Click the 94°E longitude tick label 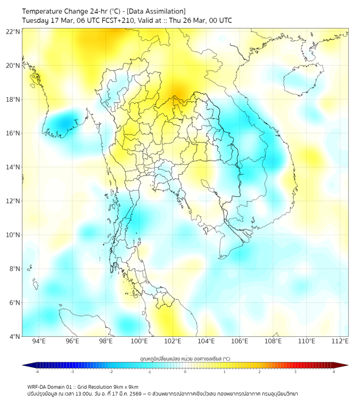pyautogui.click(x=39, y=341)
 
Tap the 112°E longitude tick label pyautogui.click(x=340, y=341)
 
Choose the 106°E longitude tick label pyautogui.click(x=240, y=341)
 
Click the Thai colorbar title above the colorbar pyautogui.click(x=185, y=359)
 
